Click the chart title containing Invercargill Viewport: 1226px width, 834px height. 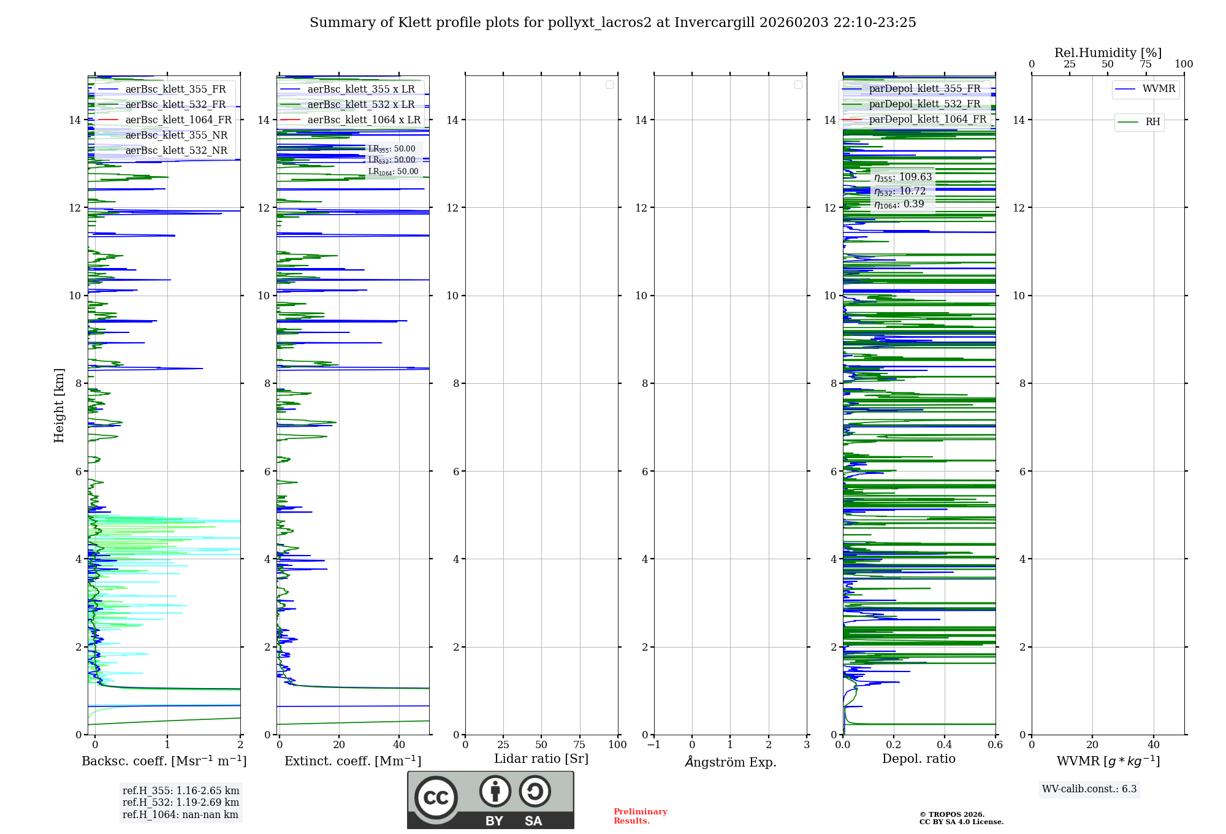(x=612, y=23)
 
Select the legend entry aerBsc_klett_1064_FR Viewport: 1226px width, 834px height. (x=178, y=120)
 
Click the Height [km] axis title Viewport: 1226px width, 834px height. (x=59, y=405)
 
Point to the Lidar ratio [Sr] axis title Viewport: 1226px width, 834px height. (x=541, y=759)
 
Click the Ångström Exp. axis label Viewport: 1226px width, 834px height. (x=730, y=762)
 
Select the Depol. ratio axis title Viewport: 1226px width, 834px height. (x=918, y=759)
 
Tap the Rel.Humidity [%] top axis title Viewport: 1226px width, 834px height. (x=1108, y=53)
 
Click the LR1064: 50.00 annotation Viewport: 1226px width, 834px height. (x=393, y=172)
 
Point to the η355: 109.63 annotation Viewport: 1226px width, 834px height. (x=903, y=177)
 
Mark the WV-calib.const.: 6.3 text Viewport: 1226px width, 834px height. (x=1089, y=789)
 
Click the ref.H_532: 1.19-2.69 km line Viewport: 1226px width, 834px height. (x=181, y=803)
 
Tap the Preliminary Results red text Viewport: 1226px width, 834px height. (x=640, y=816)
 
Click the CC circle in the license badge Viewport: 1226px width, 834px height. (x=436, y=798)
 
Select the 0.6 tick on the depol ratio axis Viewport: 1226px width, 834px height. (x=995, y=745)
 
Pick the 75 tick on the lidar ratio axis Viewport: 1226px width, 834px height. (x=579, y=745)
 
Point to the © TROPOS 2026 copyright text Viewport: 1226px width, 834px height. (x=952, y=814)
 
